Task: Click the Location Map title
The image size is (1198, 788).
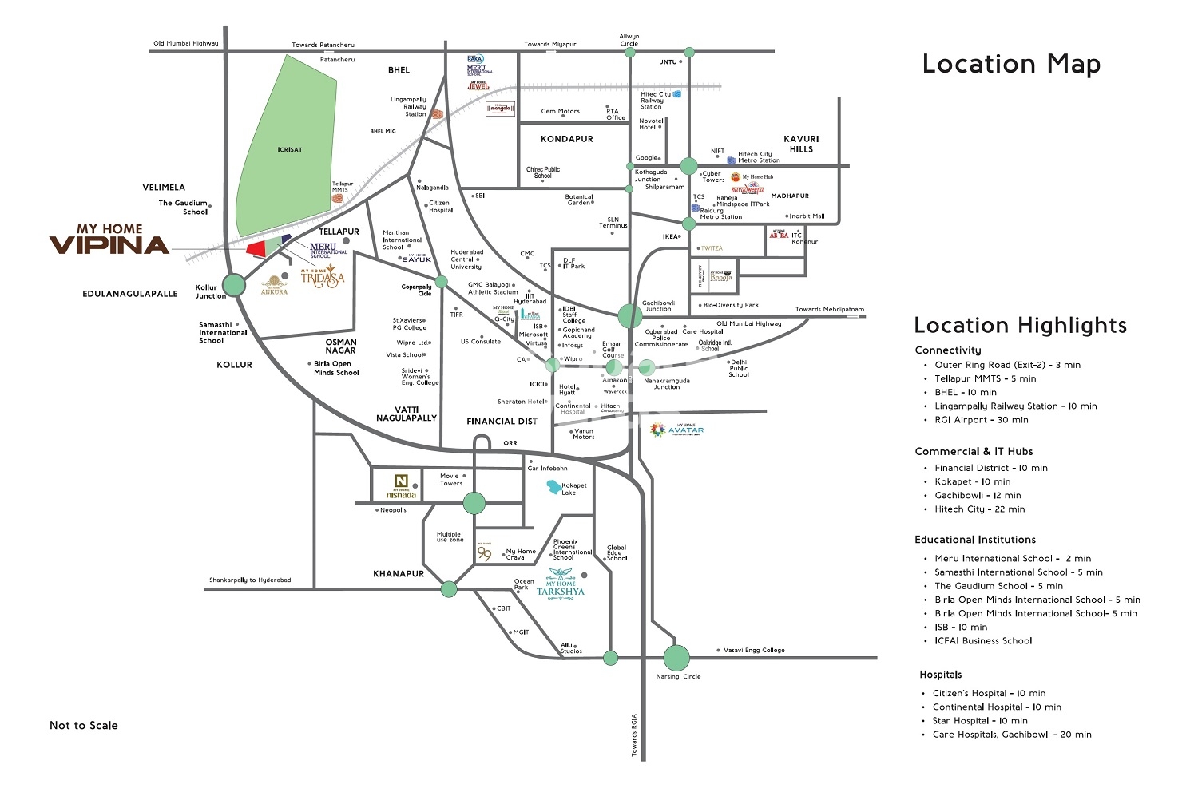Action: (x=1011, y=64)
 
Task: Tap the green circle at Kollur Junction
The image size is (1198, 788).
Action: (x=234, y=284)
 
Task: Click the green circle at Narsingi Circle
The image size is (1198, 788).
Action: (x=676, y=658)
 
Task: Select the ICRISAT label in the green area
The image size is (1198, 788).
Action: (x=290, y=149)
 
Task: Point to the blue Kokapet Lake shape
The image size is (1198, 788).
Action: (x=553, y=487)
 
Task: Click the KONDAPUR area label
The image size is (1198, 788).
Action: (x=567, y=139)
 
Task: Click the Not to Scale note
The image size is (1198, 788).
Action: (x=83, y=725)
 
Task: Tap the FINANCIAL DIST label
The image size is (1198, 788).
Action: (x=502, y=421)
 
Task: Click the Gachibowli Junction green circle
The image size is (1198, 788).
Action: (x=629, y=315)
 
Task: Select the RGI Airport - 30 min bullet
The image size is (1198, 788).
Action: (x=982, y=420)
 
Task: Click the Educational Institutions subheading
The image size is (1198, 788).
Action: (x=974, y=540)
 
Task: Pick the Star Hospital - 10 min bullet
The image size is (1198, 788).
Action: (x=980, y=720)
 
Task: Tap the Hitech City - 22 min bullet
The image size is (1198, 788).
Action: (x=980, y=509)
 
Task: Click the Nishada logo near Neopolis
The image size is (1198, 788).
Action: (x=400, y=485)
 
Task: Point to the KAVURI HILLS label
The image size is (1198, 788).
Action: (x=801, y=144)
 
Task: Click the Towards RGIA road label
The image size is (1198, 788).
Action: (x=635, y=735)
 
